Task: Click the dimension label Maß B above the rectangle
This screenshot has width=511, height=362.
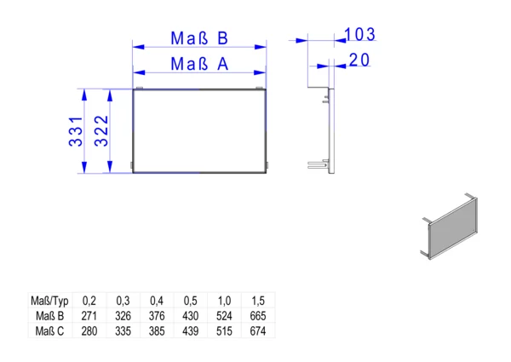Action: pyautogui.click(x=199, y=38)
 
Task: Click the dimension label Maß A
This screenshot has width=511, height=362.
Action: pyautogui.click(x=199, y=64)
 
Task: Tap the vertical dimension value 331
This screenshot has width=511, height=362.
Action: pyautogui.click(x=76, y=131)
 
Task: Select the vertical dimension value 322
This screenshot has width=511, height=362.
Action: pyautogui.click(x=101, y=130)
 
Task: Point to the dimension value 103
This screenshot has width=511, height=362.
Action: pyautogui.click(x=359, y=34)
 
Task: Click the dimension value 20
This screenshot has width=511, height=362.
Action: pyautogui.click(x=359, y=60)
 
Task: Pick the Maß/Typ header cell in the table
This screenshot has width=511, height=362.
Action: pyautogui.click(x=49, y=301)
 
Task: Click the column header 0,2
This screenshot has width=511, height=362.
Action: pyautogui.click(x=89, y=301)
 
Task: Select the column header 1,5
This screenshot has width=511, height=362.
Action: pyautogui.click(x=258, y=301)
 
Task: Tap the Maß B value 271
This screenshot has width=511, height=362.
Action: pyautogui.click(x=89, y=316)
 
